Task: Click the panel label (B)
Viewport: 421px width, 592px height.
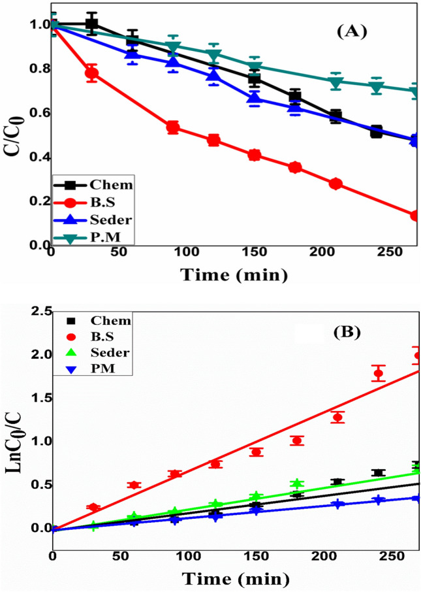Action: coord(352,332)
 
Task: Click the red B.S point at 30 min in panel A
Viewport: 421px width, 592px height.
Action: coord(92,73)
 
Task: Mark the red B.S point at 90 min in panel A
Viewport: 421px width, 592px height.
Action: coord(173,127)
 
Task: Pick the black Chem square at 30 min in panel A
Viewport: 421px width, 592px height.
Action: coord(92,24)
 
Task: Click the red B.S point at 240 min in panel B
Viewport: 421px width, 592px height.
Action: coord(378,374)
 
